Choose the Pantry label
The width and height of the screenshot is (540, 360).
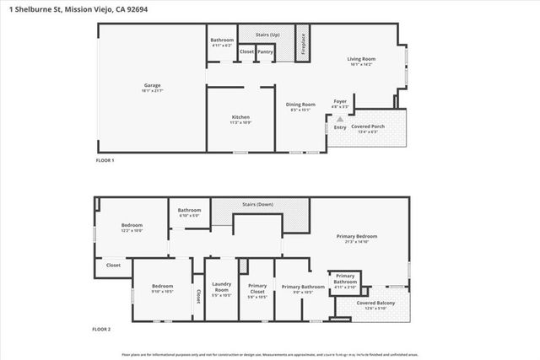pos(265,51)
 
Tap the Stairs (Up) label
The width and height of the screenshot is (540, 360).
pos(267,34)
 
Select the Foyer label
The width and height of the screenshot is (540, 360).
pos(340,104)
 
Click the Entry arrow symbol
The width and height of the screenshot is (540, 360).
pos(340,120)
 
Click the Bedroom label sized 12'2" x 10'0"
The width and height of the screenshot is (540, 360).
pos(132,228)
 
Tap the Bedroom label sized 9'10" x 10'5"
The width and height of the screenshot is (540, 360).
pos(162,288)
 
